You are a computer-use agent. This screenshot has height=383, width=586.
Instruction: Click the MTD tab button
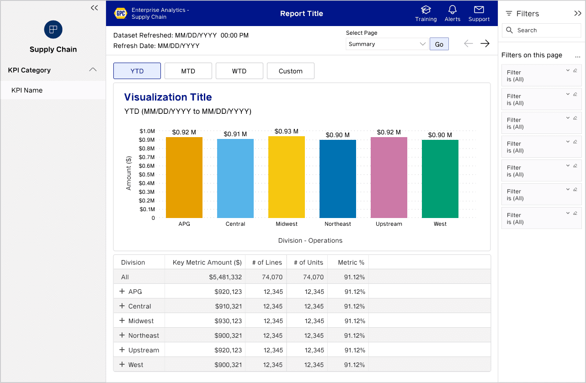pos(188,71)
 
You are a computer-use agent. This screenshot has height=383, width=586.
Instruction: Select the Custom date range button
pos(290,71)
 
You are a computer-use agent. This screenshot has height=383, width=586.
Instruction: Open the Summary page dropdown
pos(387,44)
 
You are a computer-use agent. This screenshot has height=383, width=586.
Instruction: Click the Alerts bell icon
pos(453,10)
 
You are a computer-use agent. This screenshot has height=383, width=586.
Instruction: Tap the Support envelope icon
pos(479,10)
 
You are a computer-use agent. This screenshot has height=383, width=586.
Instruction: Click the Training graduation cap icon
pos(426,10)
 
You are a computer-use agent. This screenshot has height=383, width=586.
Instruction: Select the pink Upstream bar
pos(389,178)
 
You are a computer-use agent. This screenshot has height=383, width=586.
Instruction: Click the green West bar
pos(440,179)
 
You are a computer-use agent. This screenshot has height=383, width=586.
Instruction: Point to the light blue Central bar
pos(235,178)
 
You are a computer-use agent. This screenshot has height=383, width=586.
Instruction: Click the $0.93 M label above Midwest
pos(287,131)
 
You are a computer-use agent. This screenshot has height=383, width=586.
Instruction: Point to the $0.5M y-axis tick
pos(147,175)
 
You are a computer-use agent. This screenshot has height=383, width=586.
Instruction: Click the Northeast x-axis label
pos(338,224)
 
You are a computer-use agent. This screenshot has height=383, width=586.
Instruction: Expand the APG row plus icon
pos(122,291)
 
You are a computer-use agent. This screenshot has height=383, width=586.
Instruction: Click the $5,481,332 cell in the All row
pos(225,277)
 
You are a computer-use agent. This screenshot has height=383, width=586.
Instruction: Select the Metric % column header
pos(351,262)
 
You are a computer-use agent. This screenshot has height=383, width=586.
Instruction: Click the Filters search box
pos(541,30)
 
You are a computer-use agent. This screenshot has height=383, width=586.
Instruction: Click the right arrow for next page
pos(485,43)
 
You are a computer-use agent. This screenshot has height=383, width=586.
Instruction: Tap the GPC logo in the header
pos(121,13)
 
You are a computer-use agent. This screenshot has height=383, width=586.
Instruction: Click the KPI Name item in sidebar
pos(27,90)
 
